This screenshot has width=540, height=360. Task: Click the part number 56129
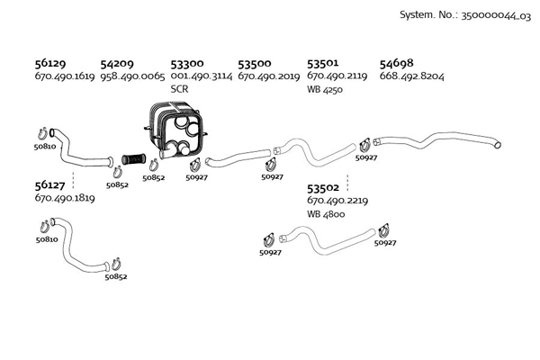[x=50, y=64]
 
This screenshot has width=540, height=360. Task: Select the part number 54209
[x=117, y=64]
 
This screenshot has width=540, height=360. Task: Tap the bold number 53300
[x=186, y=64]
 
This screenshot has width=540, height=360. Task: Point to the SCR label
[x=179, y=89]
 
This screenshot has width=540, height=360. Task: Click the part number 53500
[x=255, y=64]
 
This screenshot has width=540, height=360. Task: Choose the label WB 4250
[x=327, y=89]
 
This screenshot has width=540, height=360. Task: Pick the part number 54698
[x=396, y=64]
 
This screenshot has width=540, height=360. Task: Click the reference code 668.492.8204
[x=412, y=76]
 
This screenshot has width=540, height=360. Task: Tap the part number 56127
[x=50, y=184]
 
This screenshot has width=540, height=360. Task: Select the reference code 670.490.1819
[x=65, y=198]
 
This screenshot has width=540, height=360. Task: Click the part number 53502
[x=323, y=188]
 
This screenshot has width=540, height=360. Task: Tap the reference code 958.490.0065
[x=133, y=76]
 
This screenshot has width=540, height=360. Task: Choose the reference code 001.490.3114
[x=202, y=76]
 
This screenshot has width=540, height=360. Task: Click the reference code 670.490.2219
[x=337, y=201]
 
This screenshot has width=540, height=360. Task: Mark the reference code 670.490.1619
[x=65, y=76]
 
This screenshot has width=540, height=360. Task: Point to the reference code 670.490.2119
[x=337, y=76]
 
